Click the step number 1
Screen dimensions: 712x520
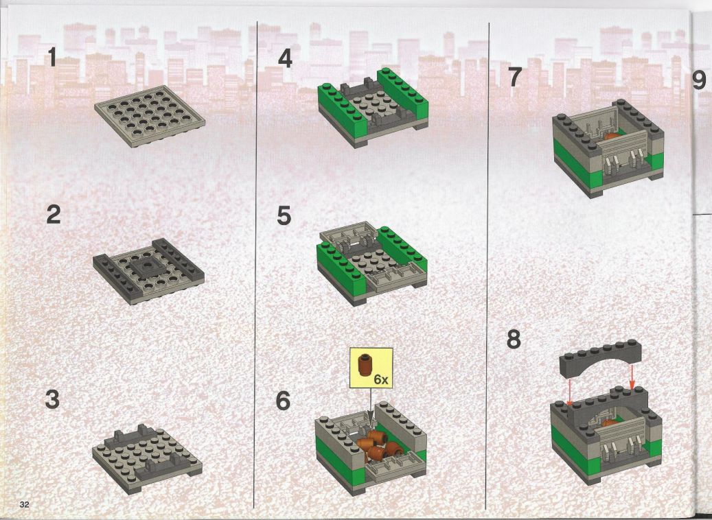point(53,57)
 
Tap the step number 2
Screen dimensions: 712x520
point(54,214)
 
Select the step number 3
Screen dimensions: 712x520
point(53,400)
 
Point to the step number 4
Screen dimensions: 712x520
point(285,58)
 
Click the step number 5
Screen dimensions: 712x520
point(284,215)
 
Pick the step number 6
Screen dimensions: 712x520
point(283,401)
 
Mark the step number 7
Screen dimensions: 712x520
point(514,77)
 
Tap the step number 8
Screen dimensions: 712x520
point(514,339)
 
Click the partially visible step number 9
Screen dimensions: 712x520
point(699,80)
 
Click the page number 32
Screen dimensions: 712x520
point(25,505)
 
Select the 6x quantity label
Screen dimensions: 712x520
point(381,379)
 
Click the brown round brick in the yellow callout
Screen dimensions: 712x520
point(365,365)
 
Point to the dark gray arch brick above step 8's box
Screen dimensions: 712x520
point(601,358)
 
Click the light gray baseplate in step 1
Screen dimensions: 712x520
point(150,116)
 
